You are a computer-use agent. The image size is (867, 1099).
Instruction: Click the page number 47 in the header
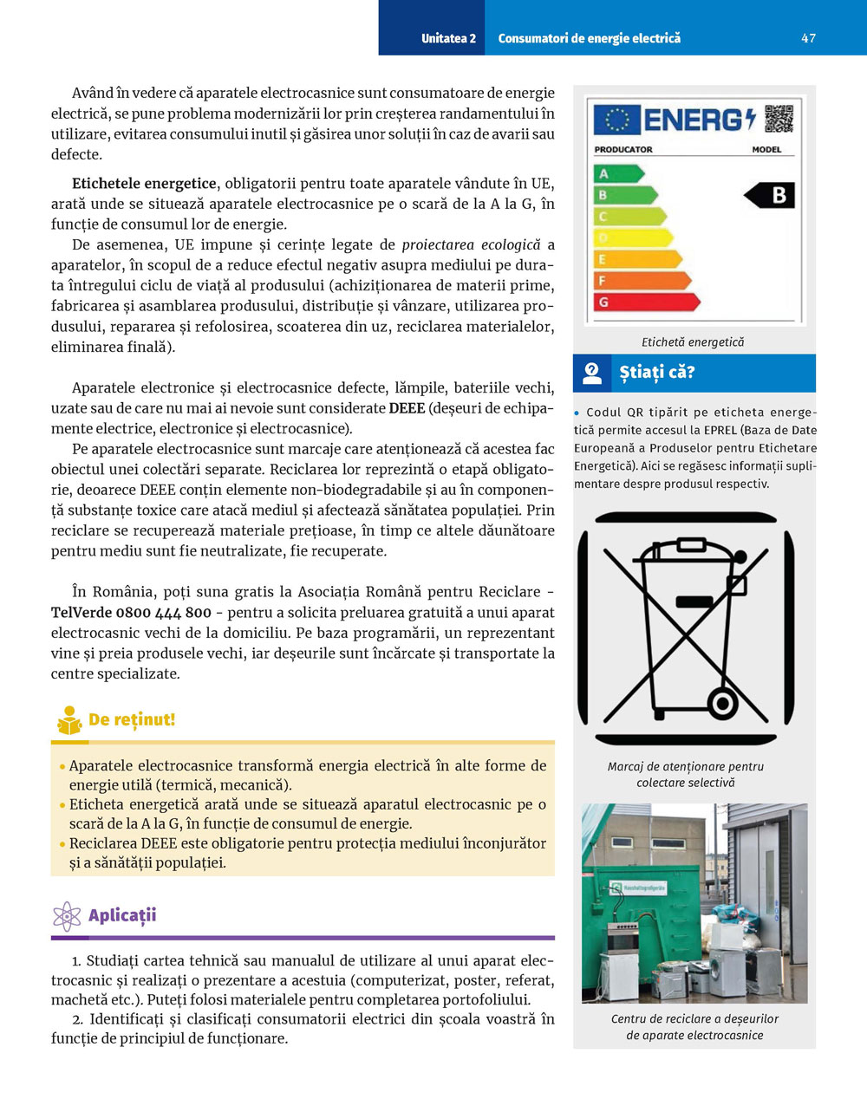pyautogui.click(x=808, y=38)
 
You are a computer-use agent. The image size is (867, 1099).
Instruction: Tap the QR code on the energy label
pyautogui.click(x=779, y=119)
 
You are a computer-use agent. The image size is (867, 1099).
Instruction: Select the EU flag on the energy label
pyautogui.click(x=616, y=120)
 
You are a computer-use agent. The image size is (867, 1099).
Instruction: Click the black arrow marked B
pyautogui.click(x=770, y=195)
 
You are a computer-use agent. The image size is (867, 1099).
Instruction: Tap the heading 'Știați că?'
pyautogui.click(x=656, y=373)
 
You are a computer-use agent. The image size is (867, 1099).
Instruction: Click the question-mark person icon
pyautogui.click(x=592, y=374)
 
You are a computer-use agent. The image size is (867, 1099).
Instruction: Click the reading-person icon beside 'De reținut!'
pyautogui.click(x=68, y=720)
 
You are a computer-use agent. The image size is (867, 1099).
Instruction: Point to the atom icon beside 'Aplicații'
pyautogui.click(x=67, y=916)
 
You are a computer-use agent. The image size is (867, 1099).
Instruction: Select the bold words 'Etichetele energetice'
pyautogui.click(x=144, y=184)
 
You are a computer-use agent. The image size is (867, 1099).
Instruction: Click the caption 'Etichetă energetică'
pyautogui.click(x=693, y=342)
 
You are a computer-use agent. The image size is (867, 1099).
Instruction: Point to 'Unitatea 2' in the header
pyautogui.click(x=448, y=38)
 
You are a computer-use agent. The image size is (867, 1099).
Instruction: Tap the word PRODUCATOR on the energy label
pyautogui.click(x=623, y=149)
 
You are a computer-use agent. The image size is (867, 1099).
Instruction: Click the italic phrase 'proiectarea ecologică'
pyautogui.click(x=471, y=245)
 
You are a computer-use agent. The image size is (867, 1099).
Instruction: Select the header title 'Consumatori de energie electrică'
pyautogui.click(x=589, y=38)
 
